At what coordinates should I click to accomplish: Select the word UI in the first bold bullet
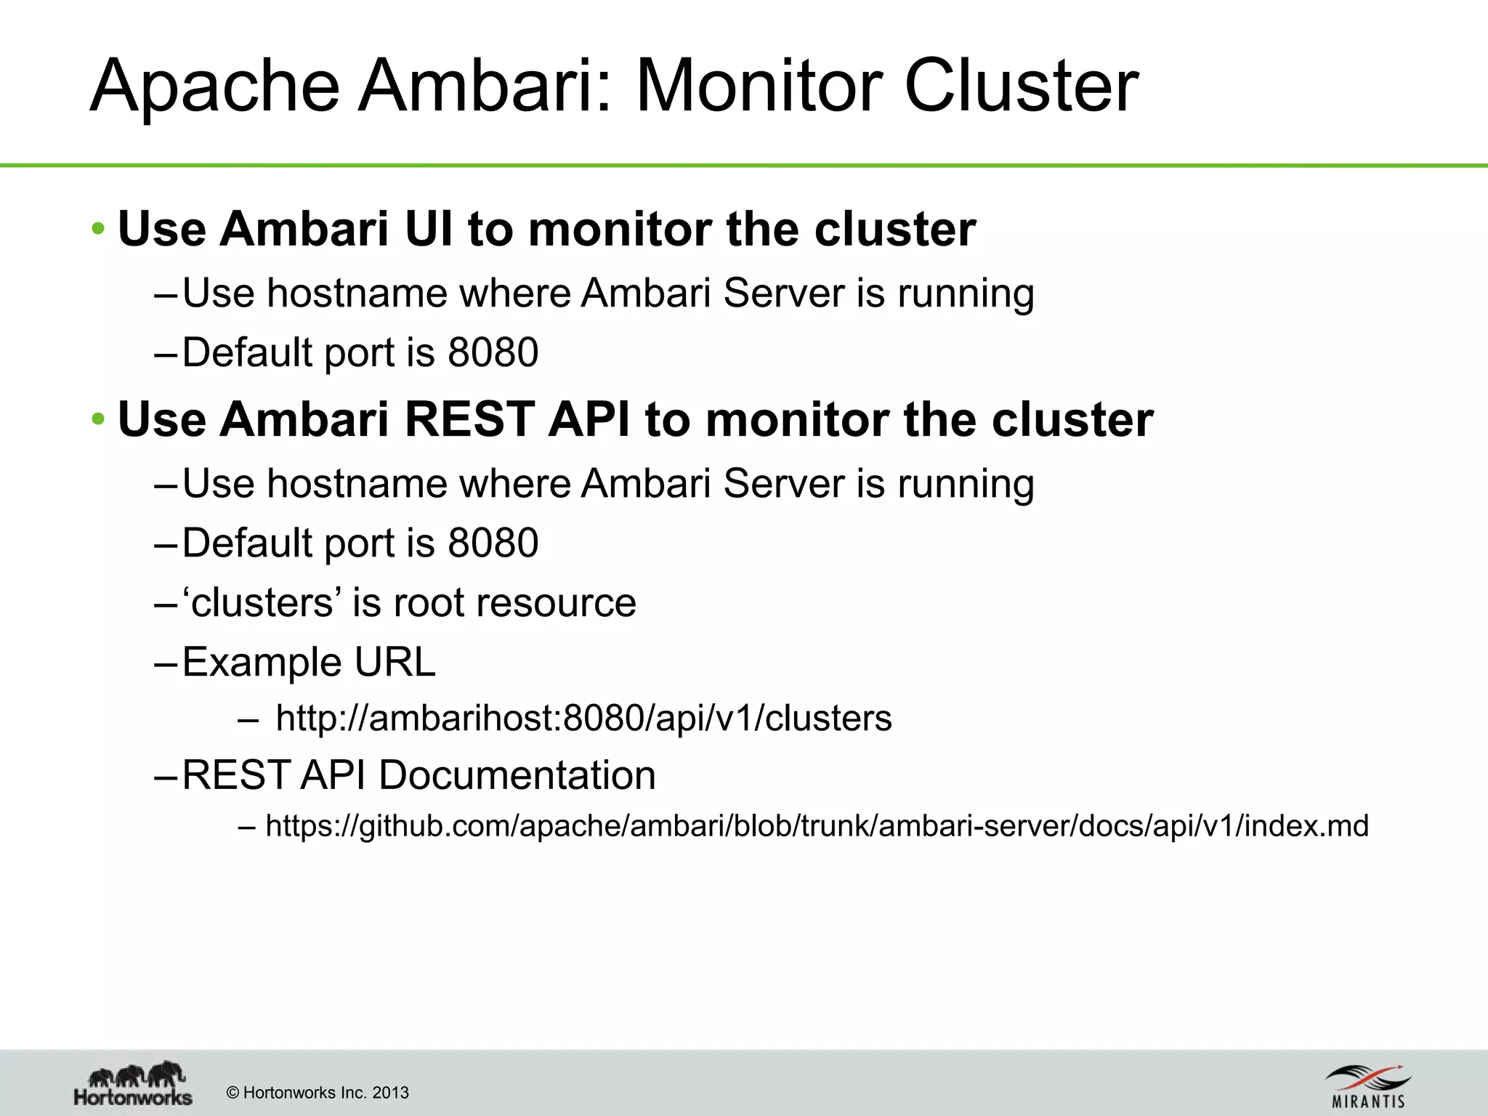428,230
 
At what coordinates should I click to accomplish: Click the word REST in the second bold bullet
469,420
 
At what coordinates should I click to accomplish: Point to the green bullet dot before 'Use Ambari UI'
99,230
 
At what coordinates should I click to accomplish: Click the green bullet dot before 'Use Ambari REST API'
99,420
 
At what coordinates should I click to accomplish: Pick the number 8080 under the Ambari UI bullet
493,353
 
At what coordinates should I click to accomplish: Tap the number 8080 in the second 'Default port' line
493,543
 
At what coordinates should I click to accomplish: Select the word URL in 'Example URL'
395,663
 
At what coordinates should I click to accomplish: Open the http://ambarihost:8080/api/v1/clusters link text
583,719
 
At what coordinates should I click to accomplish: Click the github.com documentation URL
817,826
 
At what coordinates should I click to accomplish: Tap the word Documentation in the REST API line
517,775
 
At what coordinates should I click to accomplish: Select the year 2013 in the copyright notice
390,1093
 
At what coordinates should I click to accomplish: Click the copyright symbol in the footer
232,1093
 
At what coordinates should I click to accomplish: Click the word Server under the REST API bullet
783,484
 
